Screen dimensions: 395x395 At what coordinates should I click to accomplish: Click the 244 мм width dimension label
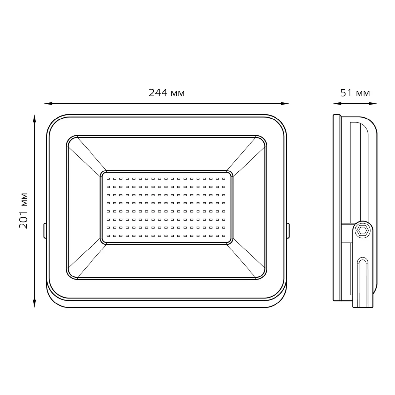pos(167,93)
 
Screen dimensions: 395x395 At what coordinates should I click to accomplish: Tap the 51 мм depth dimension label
pos(355,93)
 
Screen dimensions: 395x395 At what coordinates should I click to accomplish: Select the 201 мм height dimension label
pos(23,211)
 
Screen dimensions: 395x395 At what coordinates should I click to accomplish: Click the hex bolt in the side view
pos(363,231)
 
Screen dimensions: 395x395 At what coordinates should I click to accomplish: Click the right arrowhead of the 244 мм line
pos(285,103)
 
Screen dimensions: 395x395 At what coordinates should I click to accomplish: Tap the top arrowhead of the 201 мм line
pos(34,118)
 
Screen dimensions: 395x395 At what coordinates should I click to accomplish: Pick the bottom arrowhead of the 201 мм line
pos(34,303)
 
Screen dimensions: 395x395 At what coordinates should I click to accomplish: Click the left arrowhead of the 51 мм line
pos(337,103)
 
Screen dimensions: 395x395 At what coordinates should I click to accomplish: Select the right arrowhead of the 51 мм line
pos(373,103)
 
